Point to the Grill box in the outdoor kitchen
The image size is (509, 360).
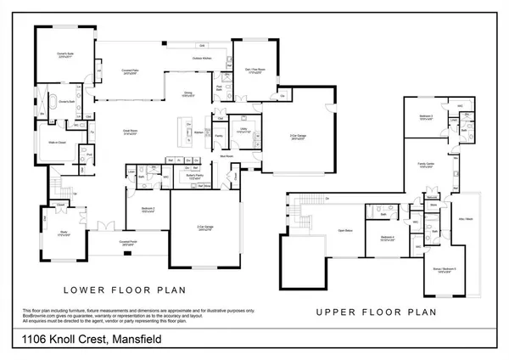[202, 45]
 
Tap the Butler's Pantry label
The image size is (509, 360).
[193, 177]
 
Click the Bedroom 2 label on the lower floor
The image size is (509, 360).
[148, 210]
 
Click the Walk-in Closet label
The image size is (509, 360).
[58, 143]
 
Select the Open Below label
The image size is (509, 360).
[344, 230]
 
